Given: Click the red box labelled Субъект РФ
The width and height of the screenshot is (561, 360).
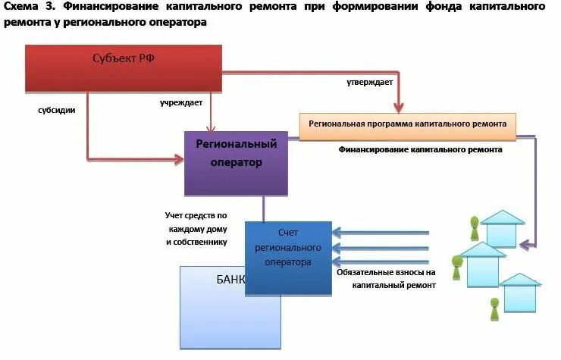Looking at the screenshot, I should [x=123, y=67].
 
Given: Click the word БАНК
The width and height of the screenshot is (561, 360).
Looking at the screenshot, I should [x=231, y=278].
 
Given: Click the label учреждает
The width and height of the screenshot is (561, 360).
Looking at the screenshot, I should [x=180, y=102].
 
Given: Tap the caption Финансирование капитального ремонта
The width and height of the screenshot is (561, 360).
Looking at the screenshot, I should [x=419, y=150].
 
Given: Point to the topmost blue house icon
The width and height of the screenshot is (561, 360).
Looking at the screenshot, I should [x=501, y=227].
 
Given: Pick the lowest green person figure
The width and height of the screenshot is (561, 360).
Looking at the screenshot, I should [x=494, y=308].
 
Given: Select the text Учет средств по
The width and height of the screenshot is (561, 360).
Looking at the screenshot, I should [x=196, y=215].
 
